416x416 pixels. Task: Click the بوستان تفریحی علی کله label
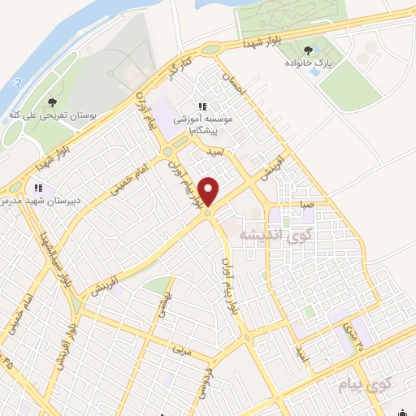tap(51, 116)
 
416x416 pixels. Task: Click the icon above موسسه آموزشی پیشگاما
tap(203, 106)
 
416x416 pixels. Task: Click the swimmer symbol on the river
tap(17, 83)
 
